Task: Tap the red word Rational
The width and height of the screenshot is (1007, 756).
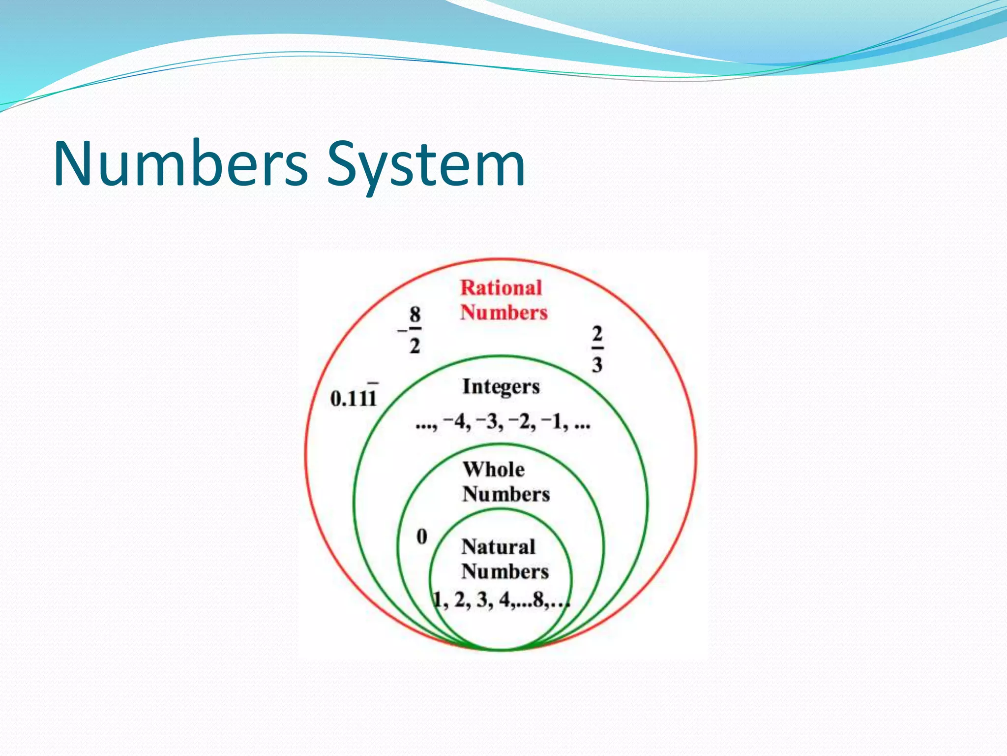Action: coord(501,288)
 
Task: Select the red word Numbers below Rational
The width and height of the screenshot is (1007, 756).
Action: coord(504,313)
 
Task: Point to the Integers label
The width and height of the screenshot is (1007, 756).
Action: coord(501,387)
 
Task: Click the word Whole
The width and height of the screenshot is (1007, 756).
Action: coord(494,470)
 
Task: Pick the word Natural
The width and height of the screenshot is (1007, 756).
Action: coord(498,547)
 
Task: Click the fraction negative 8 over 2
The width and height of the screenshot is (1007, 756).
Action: coord(412,330)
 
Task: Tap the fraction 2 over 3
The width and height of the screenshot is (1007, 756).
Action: coord(597,349)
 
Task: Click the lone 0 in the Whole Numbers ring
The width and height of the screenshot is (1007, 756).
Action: coord(422,536)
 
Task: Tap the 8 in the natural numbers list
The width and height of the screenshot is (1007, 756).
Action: coord(538,599)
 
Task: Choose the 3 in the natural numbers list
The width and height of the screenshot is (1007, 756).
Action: coord(482,599)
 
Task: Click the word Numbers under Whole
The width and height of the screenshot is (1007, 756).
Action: coord(506,494)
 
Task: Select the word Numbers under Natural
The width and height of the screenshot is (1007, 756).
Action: coord(505,572)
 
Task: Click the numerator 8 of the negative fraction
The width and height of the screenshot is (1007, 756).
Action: coord(415,314)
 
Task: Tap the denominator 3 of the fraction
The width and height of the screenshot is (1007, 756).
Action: coord(597,365)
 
